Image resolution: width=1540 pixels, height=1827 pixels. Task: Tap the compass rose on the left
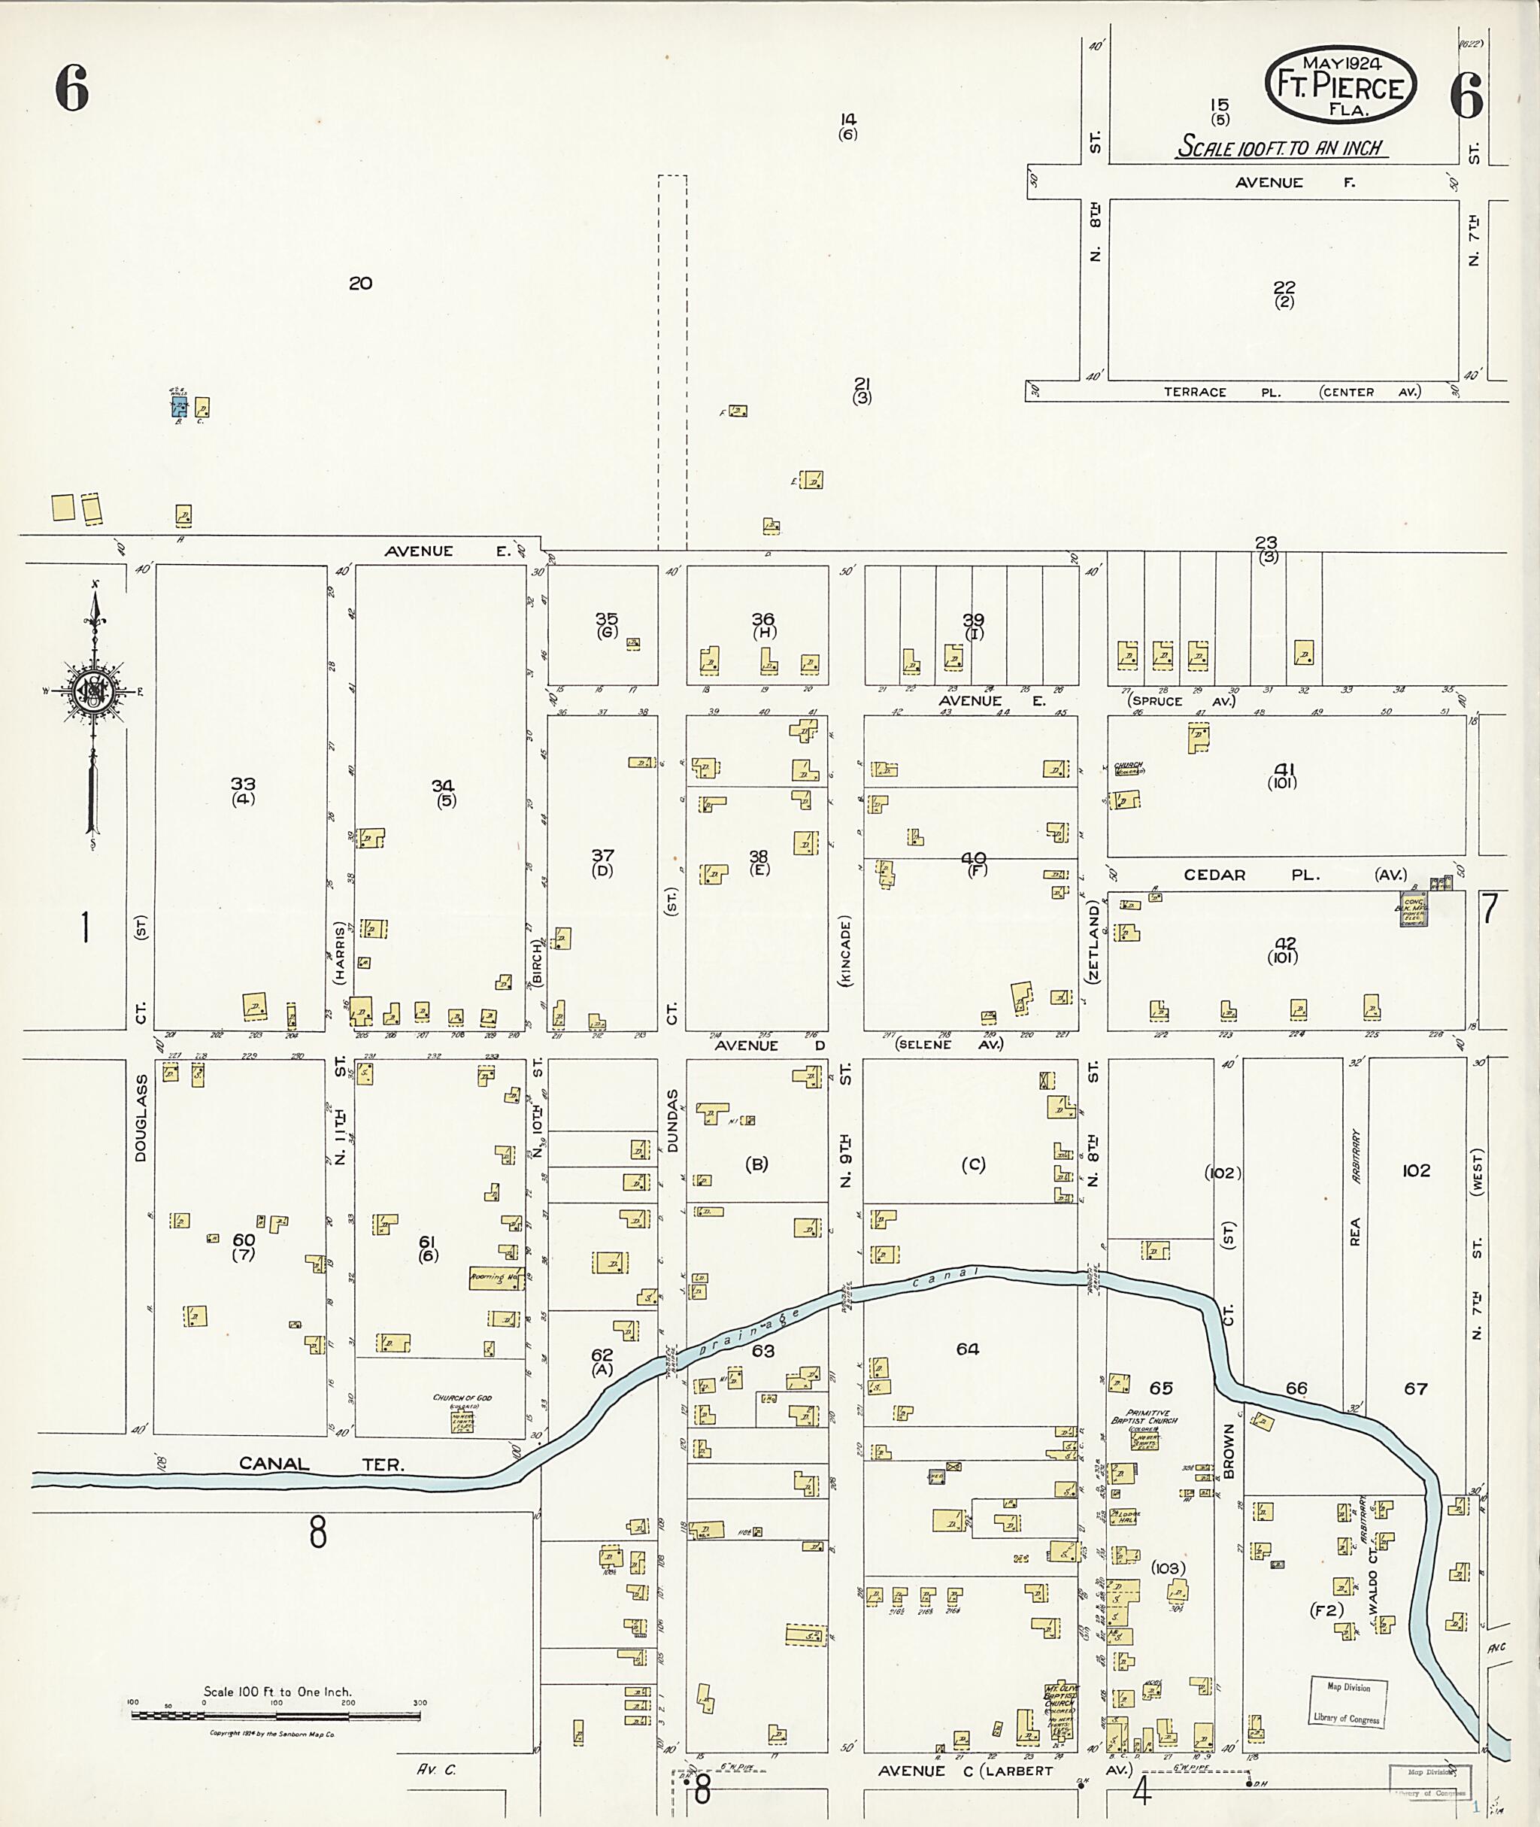[x=92, y=692]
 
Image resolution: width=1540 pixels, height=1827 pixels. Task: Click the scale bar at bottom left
[x=276, y=1714]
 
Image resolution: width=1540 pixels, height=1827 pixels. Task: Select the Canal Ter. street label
[x=321, y=1464]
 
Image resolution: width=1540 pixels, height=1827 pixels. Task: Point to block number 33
[x=243, y=785]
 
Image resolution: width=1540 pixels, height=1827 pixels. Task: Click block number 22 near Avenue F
[x=1284, y=287]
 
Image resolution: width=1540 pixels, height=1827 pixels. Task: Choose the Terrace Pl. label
[x=1218, y=392]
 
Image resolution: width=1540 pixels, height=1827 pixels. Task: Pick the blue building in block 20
[x=179, y=406]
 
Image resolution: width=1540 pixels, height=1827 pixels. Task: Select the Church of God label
[x=462, y=1398]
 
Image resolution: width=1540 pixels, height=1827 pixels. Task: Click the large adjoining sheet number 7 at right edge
[x=1490, y=909]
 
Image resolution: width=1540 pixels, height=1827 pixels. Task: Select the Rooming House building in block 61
[x=496, y=1278]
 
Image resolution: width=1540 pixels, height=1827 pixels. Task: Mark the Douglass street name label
[x=141, y=1118]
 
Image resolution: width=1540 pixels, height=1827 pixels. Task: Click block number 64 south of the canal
[x=967, y=1349]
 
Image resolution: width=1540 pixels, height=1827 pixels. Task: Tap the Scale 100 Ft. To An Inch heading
[x=1281, y=147]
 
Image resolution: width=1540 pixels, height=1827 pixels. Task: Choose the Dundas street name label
[x=672, y=1121]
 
